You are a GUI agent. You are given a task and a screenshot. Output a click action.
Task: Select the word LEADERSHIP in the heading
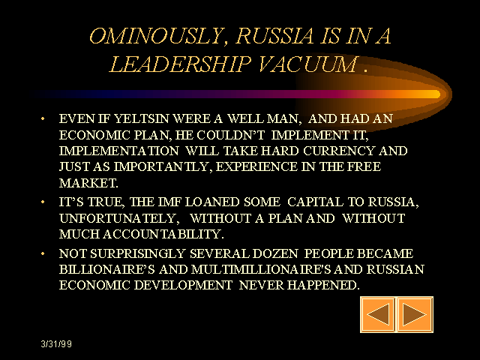[181, 64]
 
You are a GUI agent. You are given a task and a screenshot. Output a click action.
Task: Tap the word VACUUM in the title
[308, 64]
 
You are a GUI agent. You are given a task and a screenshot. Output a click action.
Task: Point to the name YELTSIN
[141, 118]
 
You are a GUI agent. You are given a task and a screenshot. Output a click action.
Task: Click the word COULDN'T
[230, 135]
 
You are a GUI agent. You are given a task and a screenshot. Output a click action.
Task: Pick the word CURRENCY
[339, 151]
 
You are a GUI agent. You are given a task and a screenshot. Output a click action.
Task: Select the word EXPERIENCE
[256, 166]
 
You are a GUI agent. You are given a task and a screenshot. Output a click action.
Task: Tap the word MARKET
[88, 183]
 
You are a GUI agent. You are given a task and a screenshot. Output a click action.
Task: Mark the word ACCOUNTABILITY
[163, 235]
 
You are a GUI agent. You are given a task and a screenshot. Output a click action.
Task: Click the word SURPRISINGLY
[138, 253]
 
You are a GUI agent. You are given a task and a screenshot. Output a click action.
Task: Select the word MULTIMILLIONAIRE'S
[262, 269]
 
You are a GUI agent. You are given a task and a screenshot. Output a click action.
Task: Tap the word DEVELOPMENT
[183, 285]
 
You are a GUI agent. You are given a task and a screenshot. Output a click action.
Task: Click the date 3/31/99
[56, 344]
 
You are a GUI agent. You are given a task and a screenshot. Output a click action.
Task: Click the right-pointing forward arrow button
[415, 314]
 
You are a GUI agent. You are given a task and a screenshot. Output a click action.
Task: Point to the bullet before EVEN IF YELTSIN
[43, 118]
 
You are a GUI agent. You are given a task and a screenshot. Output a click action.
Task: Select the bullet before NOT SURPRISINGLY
[43, 253]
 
